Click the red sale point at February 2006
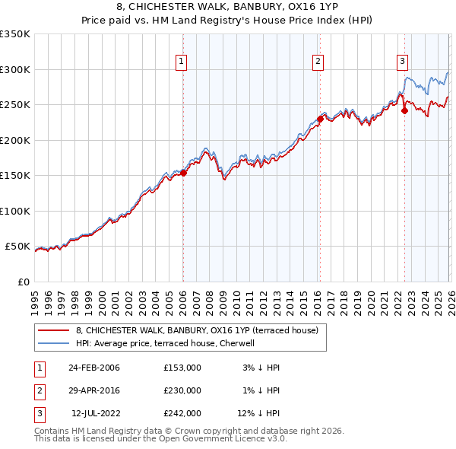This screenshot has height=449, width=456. click(183, 174)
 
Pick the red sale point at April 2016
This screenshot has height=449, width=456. click(320, 119)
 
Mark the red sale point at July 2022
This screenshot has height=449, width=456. click(404, 110)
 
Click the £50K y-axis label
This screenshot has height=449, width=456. click(18, 247)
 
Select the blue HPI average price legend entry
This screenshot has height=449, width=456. click(169, 343)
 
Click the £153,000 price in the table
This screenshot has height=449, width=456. click(182, 368)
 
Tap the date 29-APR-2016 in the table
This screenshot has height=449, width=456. click(94, 390)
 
